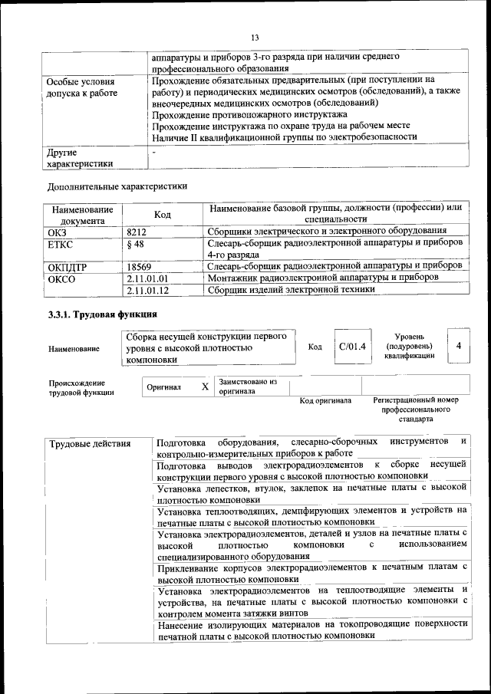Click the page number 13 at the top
255,38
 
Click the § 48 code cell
134,243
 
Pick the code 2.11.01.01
148,278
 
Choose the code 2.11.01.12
148,290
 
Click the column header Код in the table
162,215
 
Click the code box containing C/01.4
352,347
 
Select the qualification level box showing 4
458,347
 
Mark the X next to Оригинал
205,386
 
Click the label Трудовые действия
89,444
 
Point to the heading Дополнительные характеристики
117,186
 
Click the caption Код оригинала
325,401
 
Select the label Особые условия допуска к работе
82,87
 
